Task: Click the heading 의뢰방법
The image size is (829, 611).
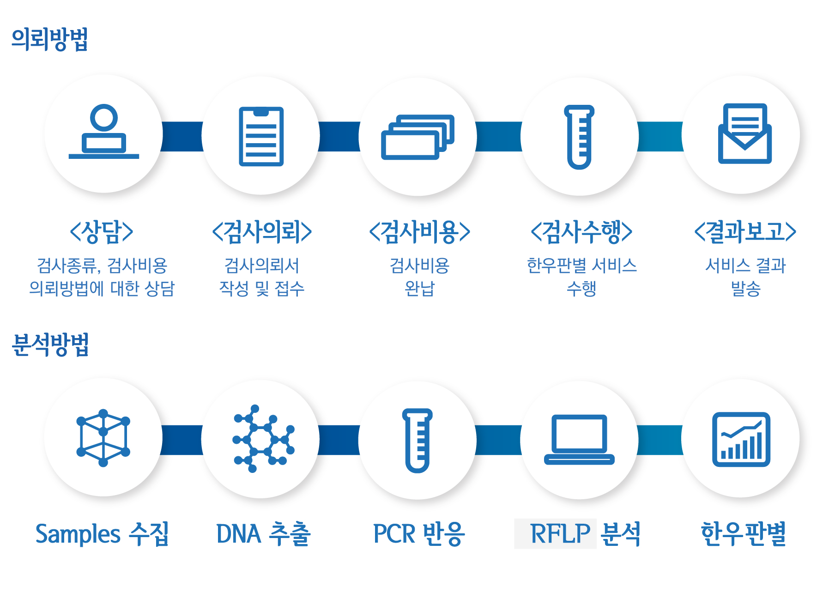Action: (x=50, y=40)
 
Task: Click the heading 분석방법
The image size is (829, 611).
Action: (x=50, y=345)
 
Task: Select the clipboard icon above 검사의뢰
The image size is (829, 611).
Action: (x=261, y=136)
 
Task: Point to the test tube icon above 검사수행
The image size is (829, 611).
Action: (x=579, y=137)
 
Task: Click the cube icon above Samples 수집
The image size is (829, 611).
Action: (x=103, y=438)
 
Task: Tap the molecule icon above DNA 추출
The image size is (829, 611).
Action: (x=264, y=439)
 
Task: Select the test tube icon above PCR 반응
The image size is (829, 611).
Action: (x=418, y=441)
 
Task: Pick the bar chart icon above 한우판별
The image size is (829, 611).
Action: (x=741, y=439)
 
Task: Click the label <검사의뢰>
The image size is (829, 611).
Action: (x=262, y=231)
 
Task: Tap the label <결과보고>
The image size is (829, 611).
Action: (x=745, y=231)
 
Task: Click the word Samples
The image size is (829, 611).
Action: (x=78, y=534)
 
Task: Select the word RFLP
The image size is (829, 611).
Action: (x=560, y=534)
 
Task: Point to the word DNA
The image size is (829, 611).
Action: (x=239, y=534)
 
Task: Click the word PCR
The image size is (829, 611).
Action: (x=394, y=534)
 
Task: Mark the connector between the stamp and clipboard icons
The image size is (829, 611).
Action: (x=182, y=137)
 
